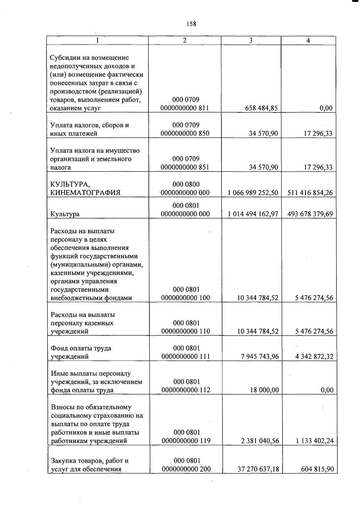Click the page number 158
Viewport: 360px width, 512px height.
point(191,24)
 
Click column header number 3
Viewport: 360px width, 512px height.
point(251,40)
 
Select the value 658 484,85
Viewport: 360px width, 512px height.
point(261,108)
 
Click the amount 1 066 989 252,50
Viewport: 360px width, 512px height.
point(253,193)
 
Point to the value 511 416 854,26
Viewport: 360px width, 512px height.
point(310,193)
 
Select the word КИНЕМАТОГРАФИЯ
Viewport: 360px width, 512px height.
point(85,193)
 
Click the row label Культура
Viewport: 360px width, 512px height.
point(65,214)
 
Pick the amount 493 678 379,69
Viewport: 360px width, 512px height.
point(310,214)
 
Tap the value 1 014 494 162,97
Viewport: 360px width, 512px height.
point(253,214)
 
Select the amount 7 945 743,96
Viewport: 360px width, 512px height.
point(260,356)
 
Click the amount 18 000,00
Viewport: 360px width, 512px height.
point(265,390)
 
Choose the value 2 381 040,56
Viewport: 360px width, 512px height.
point(260,441)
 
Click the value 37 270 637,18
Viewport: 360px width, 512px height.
point(258,469)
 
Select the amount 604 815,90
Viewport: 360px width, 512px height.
point(317,469)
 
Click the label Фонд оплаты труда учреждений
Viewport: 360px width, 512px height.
point(81,353)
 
